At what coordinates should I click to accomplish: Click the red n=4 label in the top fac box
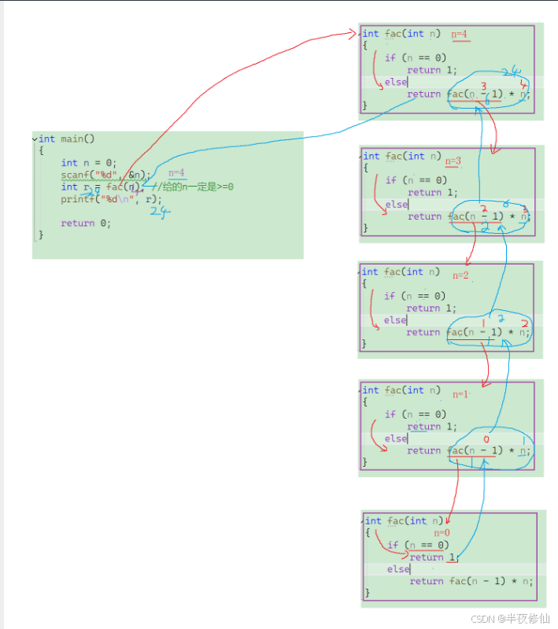[x=460, y=35]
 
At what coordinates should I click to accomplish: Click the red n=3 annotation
[x=454, y=161]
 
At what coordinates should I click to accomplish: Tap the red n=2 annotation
[x=460, y=276]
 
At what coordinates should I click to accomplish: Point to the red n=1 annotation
[x=460, y=394]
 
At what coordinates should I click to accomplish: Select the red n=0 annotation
[x=442, y=533]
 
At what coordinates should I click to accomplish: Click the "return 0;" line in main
[x=86, y=223]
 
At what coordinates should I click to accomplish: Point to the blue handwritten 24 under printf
[x=160, y=212]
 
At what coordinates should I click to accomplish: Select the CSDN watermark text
[x=511, y=619]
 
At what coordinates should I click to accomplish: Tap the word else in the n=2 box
[x=395, y=320]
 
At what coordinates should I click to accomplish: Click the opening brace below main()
[x=41, y=150]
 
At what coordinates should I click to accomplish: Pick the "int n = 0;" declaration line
[x=89, y=163]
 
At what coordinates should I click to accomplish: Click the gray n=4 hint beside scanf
[x=177, y=173]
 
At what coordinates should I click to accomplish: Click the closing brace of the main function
[x=41, y=235]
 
